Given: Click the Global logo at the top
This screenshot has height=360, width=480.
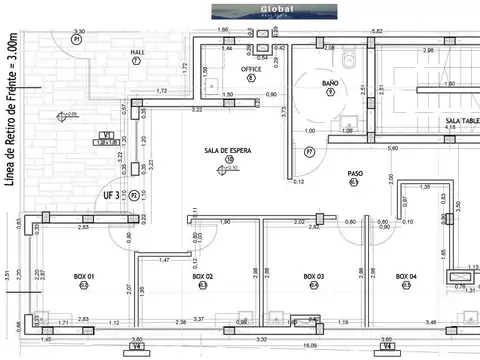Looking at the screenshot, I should pyautogui.click(x=240, y=12).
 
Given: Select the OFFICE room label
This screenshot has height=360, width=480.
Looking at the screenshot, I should pyautogui.click(x=250, y=69).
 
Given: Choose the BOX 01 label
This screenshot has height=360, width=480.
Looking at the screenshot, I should pyautogui.click(x=84, y=275).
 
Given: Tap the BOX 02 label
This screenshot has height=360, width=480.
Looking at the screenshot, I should pyautogui.click(x=203, y=275).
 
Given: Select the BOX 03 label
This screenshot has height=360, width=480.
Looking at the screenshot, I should pyautogui.click(x=313, y=275).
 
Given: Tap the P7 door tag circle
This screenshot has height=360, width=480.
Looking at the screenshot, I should pyautogui.click(x=310, y=152).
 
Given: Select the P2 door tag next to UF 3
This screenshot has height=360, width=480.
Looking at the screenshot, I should pyautogui.click(x=133, y=196).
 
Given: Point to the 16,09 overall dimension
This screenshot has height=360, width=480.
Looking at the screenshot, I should pyautogui.click(x=311, y=346).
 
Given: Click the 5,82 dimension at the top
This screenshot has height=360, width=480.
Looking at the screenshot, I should pyautogui.click(x=377, y=31).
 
